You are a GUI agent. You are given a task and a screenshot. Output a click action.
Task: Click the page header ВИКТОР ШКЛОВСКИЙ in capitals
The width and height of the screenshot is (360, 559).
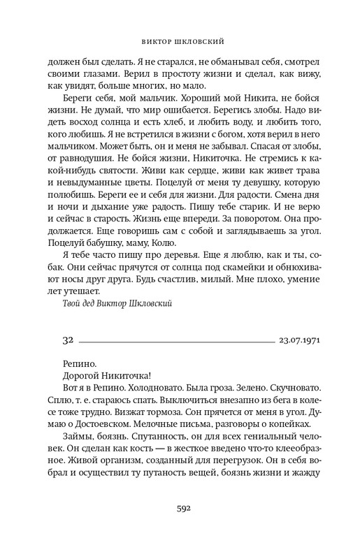180,39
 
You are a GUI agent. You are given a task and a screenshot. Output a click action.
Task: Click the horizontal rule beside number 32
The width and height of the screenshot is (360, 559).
178,342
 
